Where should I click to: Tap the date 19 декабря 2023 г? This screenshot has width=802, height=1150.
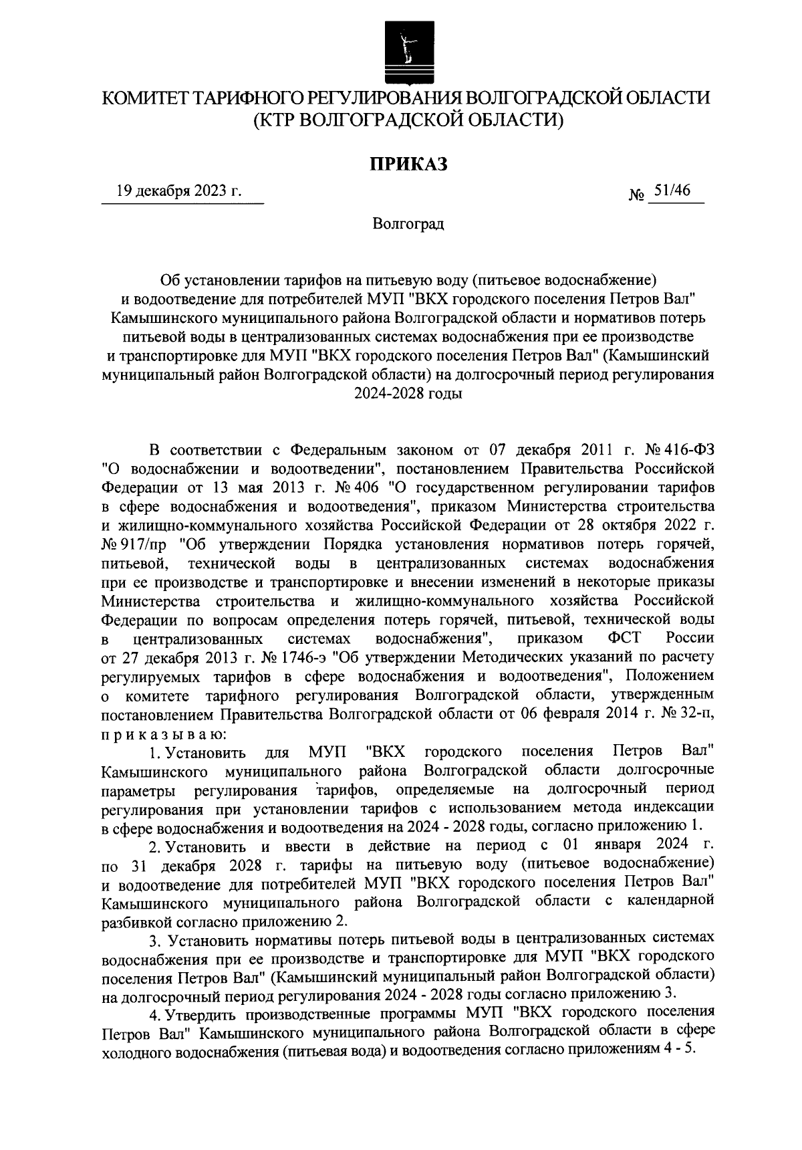pyautogui.click(x=178, y=191)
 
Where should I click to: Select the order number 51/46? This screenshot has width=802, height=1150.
pyautogui.click(x=672, y=191)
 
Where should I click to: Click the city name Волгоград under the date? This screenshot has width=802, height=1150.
pyautogui.click(x=408, y=223)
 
